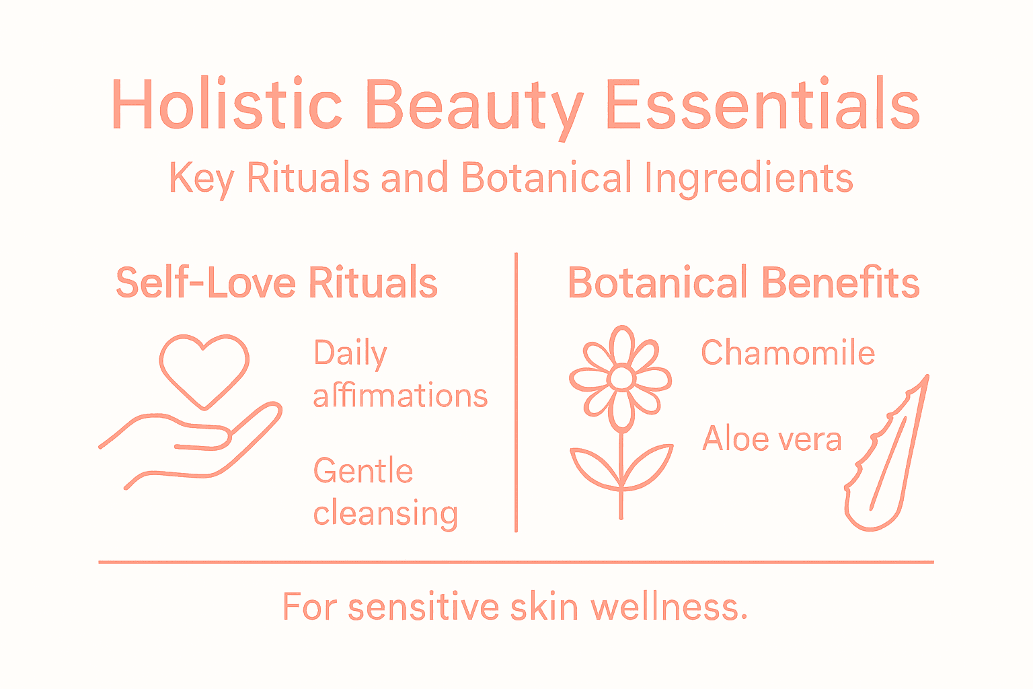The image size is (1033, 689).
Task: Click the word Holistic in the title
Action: [x=227, y=105]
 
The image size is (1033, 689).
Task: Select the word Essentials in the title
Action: [x=762, y=105]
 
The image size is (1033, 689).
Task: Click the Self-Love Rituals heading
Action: [x=276, y=283]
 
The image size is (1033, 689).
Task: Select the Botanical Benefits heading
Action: [x=744, y=283]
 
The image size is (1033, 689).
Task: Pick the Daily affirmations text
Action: [x=399, y=375]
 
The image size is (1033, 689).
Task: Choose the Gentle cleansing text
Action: [x=385, y=493]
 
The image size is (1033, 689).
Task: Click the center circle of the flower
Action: [x=621, y=379]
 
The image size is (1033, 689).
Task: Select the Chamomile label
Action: [x=788, y=353]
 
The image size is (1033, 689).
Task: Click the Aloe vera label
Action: [x=771, y=439]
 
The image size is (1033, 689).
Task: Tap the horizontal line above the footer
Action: [x=516, y=562]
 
